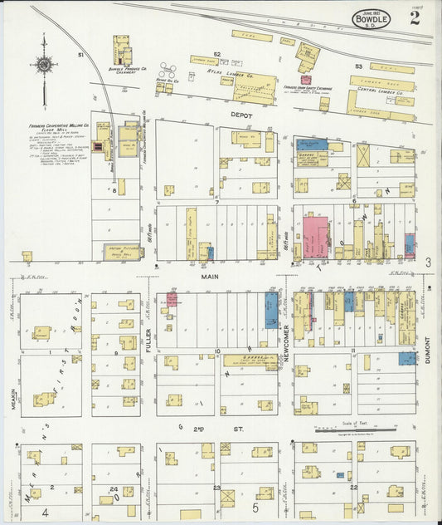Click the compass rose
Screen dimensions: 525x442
[x=44, y=65]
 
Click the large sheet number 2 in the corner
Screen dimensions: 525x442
[x=414, y=19]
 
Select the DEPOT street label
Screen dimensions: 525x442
[x=243, y=115]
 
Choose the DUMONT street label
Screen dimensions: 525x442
[x=428, y=350]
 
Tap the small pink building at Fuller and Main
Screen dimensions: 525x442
[x=172, y=300]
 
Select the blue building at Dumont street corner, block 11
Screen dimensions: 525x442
[x=407, y=358]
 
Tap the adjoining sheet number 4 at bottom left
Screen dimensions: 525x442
[x=45, y=513]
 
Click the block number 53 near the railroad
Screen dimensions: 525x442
[x=358, y=65]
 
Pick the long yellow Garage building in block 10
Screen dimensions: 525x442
[x=249, y=360]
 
